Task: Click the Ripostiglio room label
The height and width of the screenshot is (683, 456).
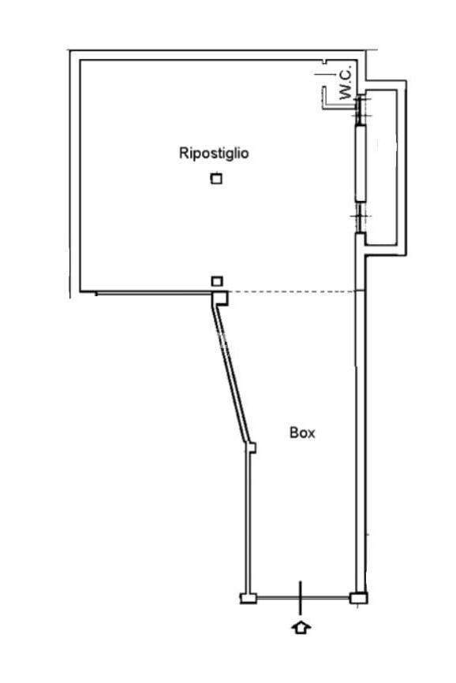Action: tap(214, 154)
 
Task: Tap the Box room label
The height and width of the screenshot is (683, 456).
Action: tap(302, 432)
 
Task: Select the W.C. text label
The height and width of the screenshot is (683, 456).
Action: tap(346, 84)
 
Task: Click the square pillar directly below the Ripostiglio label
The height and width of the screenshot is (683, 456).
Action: tap(216, 179)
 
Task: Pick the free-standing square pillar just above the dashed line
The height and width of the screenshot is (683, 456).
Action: tap(217, 281)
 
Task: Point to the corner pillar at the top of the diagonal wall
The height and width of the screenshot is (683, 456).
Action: tap(219, 299)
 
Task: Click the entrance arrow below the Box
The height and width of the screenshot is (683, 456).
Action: tap(301, 628)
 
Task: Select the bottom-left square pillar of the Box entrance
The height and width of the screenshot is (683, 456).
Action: tap(249, 598)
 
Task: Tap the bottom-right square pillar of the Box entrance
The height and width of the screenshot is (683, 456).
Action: tap(359, 598)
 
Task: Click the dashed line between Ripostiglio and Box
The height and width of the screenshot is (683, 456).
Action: tap(291, 291)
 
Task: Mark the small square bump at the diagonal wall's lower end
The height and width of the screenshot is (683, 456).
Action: tap(252, 447)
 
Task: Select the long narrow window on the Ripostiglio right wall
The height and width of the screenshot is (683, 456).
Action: tap(361, 163)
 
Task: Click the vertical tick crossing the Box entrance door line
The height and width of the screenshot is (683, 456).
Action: tap(301, 598)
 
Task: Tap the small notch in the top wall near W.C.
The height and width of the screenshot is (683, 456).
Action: tap(324, 62)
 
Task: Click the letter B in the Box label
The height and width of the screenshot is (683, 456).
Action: tap(293, 432)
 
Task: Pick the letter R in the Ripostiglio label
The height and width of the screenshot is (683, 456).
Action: tap(184, 153)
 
